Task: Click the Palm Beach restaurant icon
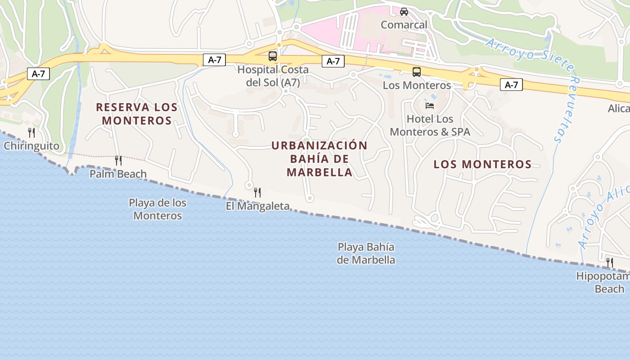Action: (118, 160)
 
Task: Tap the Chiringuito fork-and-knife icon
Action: (31, 132)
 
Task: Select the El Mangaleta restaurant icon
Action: (257, 193)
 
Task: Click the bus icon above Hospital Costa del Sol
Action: (273, 56)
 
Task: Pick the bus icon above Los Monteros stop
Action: (417, 72)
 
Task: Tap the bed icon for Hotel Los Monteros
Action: (430, 106)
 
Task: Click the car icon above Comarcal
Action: (404, 12)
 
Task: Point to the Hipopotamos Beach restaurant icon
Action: (610, 262)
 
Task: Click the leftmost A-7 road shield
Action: (38, 74)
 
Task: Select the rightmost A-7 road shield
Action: (511, 85)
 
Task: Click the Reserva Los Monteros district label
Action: (137, 114)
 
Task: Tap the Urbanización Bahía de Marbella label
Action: (319, 159)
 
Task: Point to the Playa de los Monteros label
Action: (157, 209)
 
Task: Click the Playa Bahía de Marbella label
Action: (366, 253)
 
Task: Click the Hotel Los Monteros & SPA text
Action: (430, 126)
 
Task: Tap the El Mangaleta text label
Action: (257, 206)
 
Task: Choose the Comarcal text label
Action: (404, 25)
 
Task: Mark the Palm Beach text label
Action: (118, 174)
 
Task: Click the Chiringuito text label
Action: (31, 146)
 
